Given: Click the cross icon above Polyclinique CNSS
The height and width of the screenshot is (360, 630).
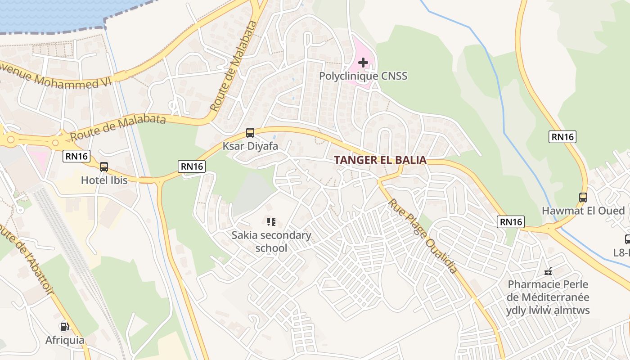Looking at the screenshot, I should pos(363,63).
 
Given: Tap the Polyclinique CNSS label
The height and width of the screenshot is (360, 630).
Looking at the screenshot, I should pos(363,76).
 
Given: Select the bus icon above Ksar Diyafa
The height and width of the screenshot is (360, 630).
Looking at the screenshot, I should pos(250,133).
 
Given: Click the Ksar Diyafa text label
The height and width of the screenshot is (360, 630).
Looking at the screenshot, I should pos(250,146).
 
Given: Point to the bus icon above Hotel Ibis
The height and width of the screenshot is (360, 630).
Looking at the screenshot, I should pos(104,167).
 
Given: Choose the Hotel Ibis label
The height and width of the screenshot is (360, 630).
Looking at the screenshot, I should pos(104,180).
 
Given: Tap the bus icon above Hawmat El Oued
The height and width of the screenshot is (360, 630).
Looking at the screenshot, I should pos(583,197).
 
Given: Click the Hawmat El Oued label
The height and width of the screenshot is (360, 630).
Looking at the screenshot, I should pos(583,211).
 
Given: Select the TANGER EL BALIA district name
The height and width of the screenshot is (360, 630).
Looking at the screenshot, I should pos(380,160).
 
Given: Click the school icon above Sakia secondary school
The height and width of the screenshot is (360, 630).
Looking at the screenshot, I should pos(271,221).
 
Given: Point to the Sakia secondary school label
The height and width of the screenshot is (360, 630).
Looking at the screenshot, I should pos(271,241).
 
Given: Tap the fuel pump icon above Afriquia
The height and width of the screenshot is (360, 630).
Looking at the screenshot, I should pos(64,327).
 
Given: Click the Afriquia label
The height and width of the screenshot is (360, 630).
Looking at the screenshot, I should pos(64,340).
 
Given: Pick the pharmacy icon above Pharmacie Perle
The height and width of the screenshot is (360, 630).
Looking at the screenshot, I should pos(548,271).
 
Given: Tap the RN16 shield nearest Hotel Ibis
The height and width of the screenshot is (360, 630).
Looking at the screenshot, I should pos(76,156).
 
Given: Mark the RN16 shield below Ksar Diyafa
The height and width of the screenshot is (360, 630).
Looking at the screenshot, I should pos(192,166).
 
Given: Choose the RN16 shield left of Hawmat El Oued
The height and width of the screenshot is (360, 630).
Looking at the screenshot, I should pos(511,221).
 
